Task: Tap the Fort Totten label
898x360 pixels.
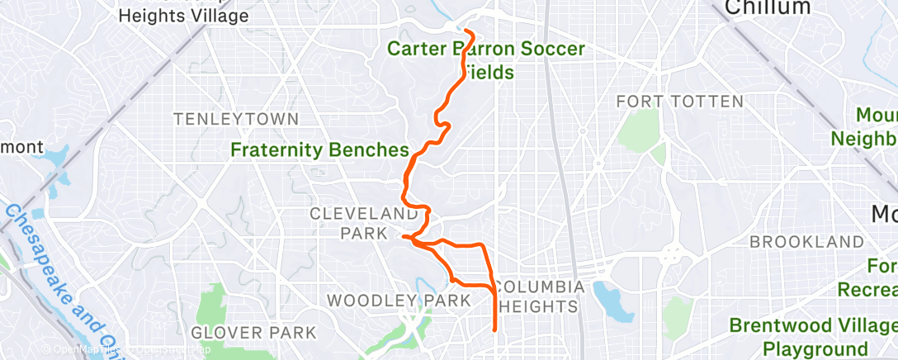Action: click(680, 102)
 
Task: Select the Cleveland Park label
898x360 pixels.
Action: click(363, 223)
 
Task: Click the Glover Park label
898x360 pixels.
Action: click(253, 333)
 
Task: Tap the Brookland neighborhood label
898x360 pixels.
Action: click(806, 243)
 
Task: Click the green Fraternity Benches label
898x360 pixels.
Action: click(320, 150)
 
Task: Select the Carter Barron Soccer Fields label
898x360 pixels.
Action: click(486, 60)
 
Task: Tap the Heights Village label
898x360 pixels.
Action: click(183, 15)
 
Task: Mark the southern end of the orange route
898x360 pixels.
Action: click(494, 330)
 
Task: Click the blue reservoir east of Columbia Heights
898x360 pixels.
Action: click(609, 298)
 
